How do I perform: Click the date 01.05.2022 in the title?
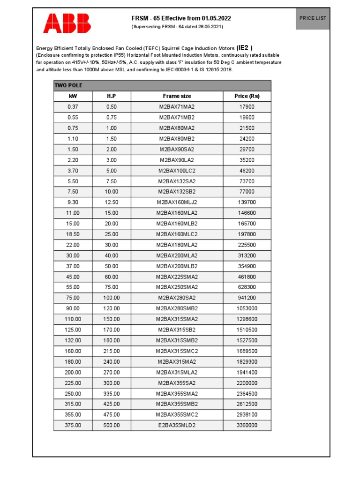216,18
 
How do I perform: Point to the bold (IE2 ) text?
245,48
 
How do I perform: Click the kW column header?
73,96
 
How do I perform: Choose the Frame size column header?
177,96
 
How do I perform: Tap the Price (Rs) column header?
247,96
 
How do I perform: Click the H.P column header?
112,96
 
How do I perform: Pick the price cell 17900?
247,107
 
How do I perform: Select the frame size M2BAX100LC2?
177,171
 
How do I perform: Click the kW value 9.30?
73,202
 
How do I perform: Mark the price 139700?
247,202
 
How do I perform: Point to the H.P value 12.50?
112,202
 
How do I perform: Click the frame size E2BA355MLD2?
177,425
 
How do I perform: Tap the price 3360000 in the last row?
247,425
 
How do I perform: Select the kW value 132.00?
73,340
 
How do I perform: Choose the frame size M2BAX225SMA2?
177,277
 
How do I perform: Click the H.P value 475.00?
112,414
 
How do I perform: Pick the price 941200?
247,298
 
